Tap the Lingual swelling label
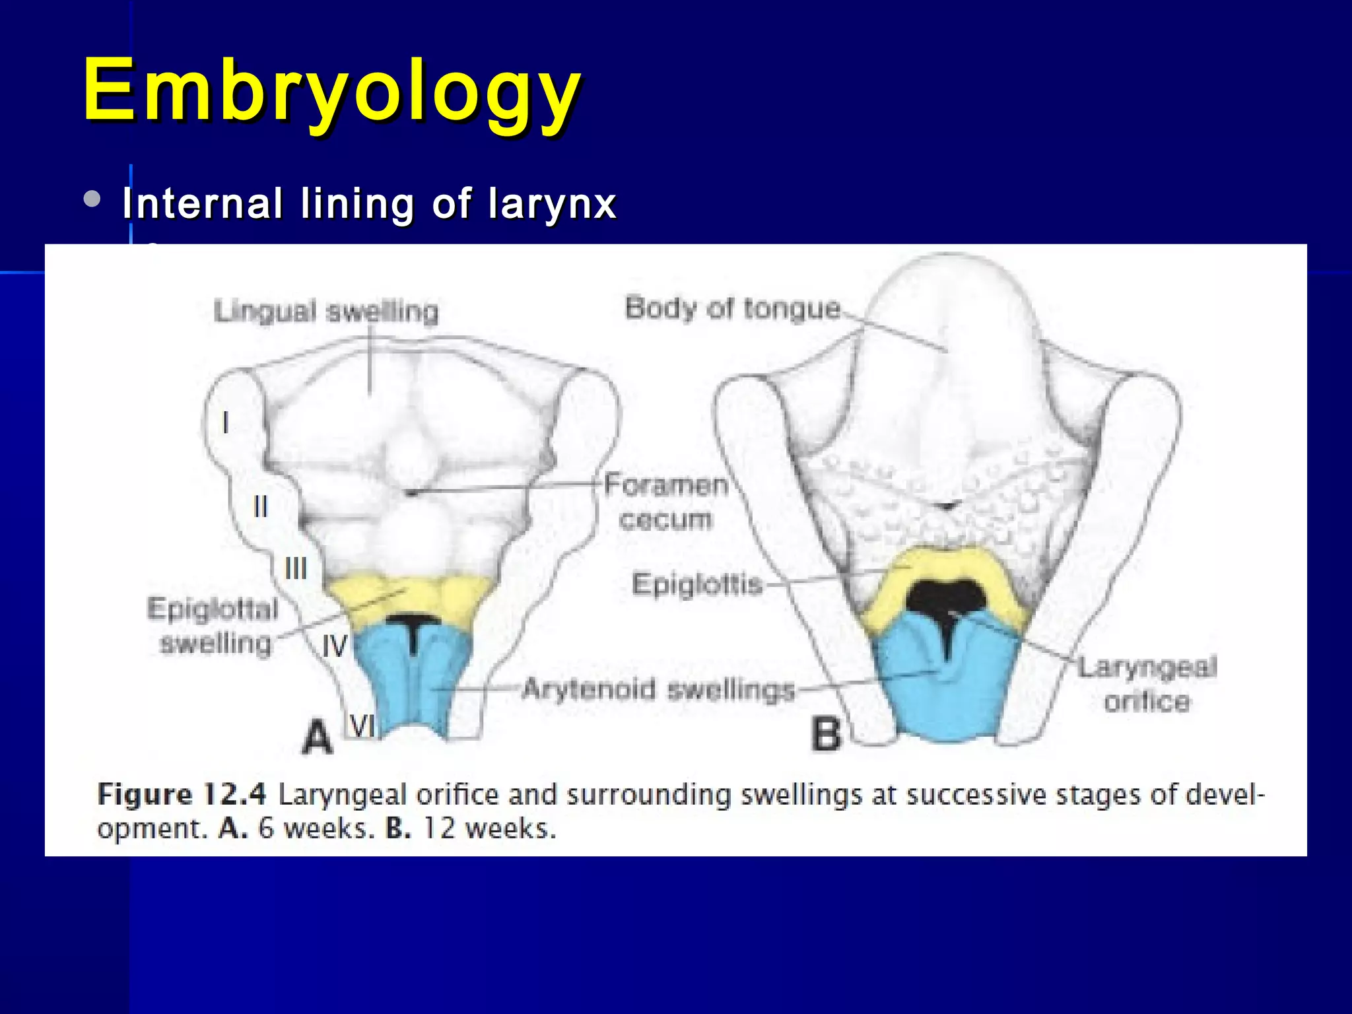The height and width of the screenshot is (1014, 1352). pos(326,311)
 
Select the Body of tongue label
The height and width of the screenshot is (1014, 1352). pos(733,308)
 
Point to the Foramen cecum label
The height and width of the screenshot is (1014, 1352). pos(666,502)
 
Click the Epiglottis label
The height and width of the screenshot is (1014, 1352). pos(697,584)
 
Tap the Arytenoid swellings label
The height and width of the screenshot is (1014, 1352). pos(658,690)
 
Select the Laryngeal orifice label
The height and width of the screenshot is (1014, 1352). pos(1147,684)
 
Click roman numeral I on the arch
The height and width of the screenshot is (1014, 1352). pos(226,422)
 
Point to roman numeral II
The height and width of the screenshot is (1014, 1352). pos(261,507)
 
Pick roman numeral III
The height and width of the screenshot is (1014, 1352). pos(296,568)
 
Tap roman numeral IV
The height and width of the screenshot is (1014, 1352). pos(334,646)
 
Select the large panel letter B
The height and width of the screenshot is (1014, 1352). pos(827,734)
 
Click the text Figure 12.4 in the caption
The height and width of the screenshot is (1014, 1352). pos(182,794)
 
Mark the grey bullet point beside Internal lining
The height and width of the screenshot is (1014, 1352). pos(93,199)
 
